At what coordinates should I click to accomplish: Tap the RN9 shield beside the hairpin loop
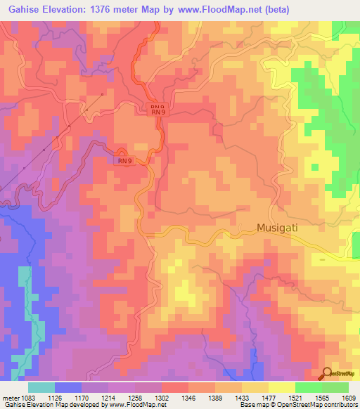pyautogui.click(x=124, y=161)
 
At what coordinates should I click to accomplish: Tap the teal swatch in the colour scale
pyautogui.click(x=41, y=387)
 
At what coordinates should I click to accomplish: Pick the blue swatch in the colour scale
pyautogui.click(x=68, y=387)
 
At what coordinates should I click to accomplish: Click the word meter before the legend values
pyautogui.click(x=11, y=397)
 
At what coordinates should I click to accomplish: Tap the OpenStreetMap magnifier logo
pyautogui.click(x=327, y=373)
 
